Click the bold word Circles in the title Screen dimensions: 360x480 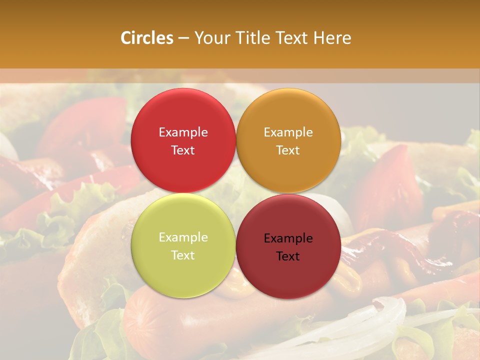tap(147, 38)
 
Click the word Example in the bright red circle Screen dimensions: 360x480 tap(183, 132)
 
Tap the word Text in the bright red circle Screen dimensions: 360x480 tap(183, 150)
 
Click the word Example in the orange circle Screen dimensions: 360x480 tap(288, 132)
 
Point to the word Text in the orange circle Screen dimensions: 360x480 tap(288, 150)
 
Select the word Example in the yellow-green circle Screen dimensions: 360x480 tap(183, 237)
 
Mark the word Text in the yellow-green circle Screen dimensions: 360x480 tap(183, 255)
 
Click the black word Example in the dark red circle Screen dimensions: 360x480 tap(288, 238)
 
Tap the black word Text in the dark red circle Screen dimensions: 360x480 tap(288, 256)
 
